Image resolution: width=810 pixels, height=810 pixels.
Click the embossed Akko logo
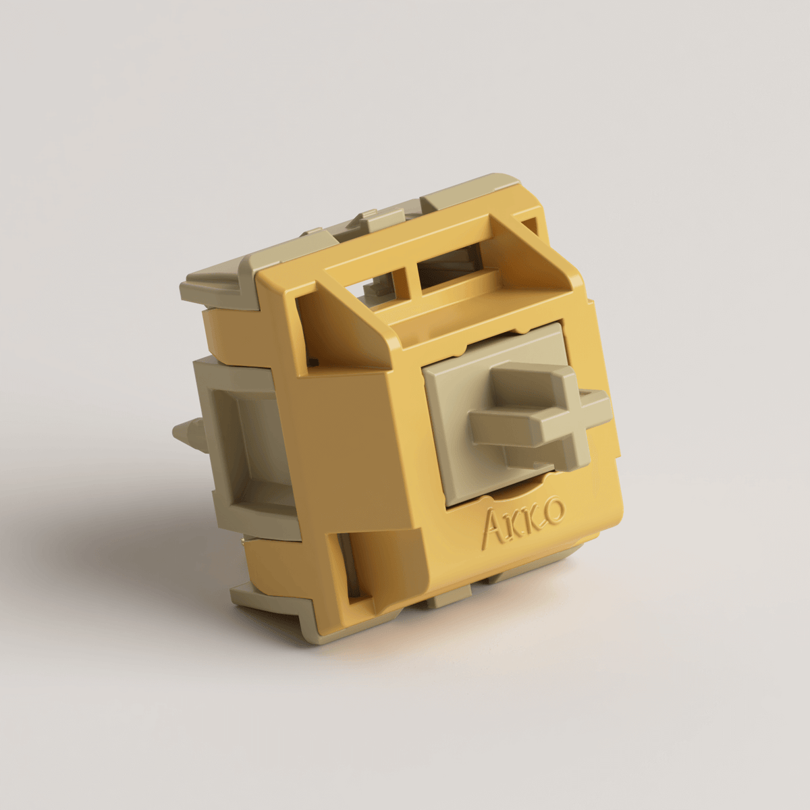[524, 520]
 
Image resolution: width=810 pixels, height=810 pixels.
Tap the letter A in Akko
[493, 531]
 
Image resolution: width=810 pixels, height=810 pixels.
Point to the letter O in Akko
[553, 511]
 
